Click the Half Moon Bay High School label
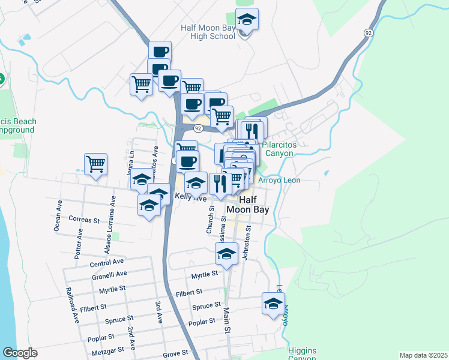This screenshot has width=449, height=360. (208, 32)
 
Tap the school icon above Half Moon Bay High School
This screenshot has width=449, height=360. (246, 21)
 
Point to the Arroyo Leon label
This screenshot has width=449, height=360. (279, 180)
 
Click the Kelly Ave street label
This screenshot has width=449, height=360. (190, 197)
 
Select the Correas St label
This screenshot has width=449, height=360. (84, 220)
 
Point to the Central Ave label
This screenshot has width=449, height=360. (107, 262)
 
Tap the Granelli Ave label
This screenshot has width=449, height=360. (109, 275)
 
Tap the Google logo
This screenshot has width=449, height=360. (20, 353)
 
